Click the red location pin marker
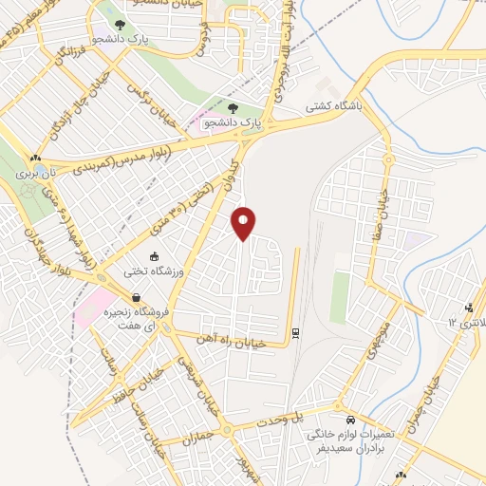244,224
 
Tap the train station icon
296,332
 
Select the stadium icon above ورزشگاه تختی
154,256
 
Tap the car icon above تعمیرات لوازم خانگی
350,419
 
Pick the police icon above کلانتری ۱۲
470,307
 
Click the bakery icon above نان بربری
34,159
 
